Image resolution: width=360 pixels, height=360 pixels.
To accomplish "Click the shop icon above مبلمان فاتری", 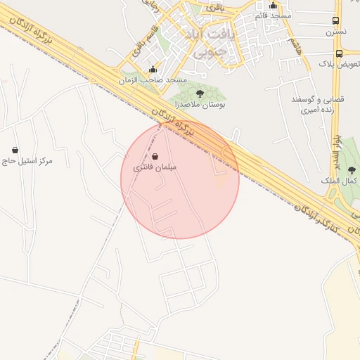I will [155, 157].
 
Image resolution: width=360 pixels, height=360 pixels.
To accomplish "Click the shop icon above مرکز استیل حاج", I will [15, 150].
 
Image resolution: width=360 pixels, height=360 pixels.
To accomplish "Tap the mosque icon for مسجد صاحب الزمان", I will [153, 69].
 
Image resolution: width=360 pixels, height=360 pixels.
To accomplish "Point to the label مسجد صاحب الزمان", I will [153, 79].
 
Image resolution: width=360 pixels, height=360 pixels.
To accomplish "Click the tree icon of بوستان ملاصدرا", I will [200, 93].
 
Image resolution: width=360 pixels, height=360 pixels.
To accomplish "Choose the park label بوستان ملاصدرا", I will [199, 103].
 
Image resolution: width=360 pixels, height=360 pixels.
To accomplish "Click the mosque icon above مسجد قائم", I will [273, 6].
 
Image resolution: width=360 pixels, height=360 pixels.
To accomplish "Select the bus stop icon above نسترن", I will [335, 21].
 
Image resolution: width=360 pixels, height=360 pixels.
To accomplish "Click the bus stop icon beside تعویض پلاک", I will [340, 53].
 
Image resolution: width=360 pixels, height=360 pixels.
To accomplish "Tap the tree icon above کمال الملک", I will [352, 170].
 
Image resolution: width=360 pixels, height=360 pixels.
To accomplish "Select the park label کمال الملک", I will [344, 181].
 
